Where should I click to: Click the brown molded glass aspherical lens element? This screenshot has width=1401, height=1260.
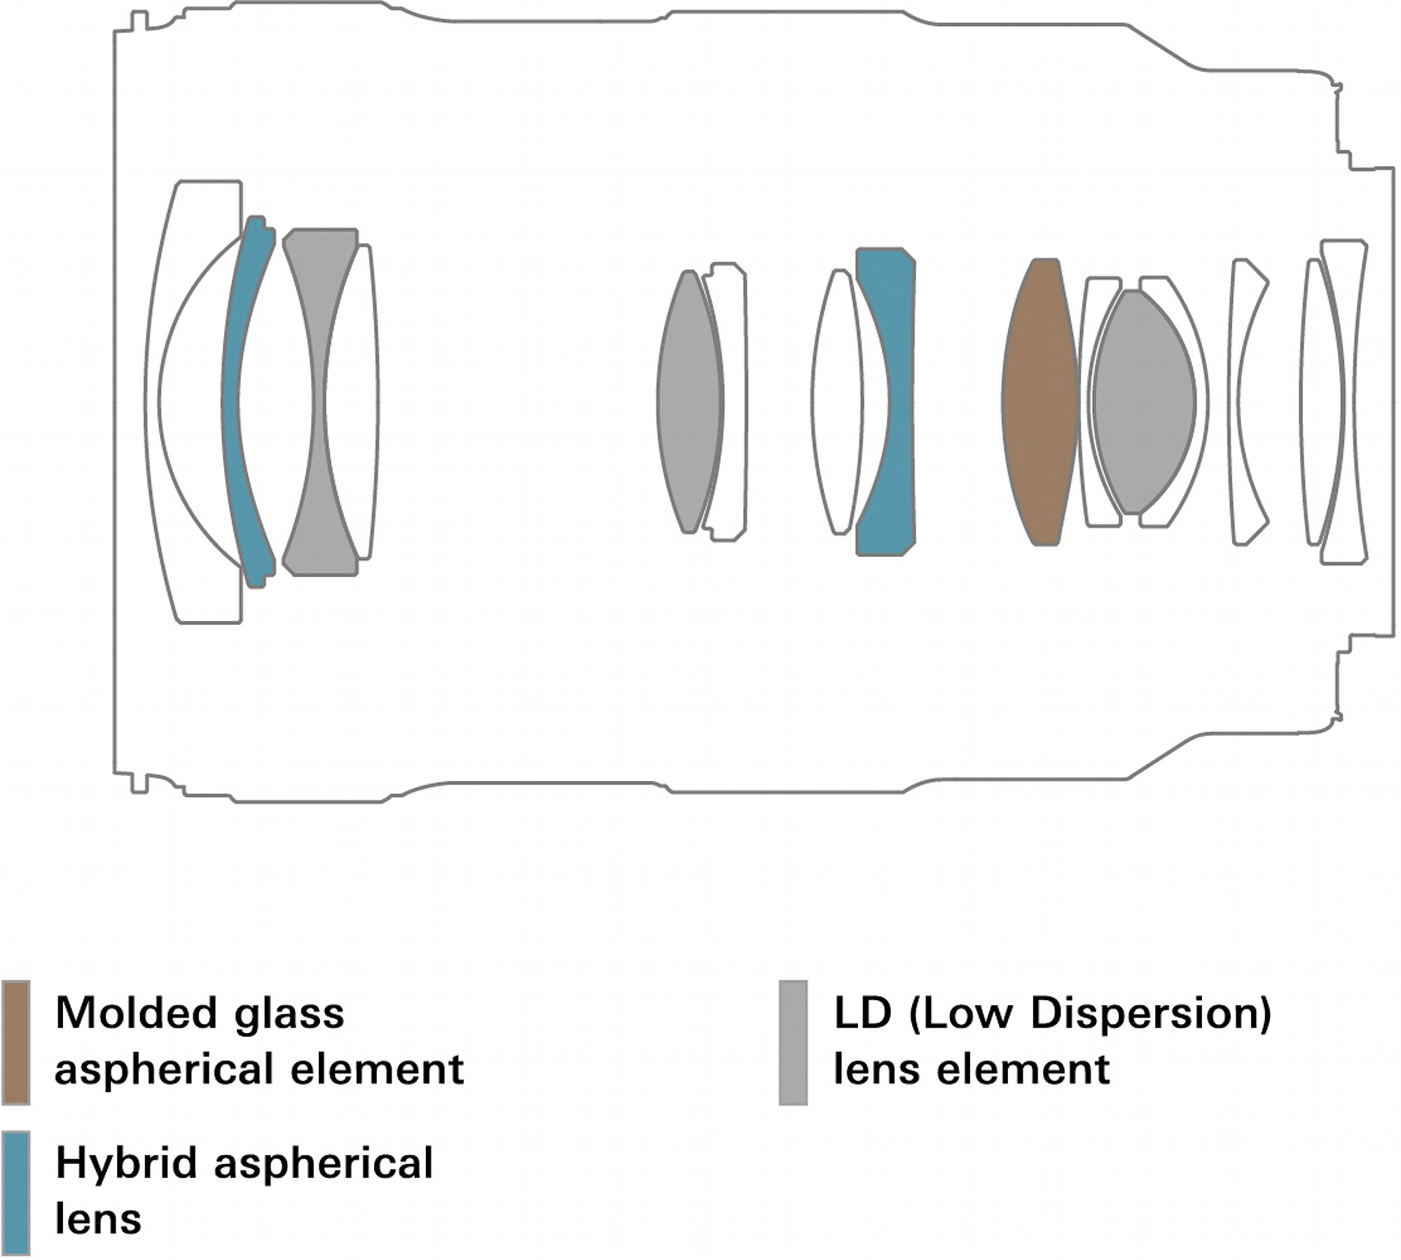[1040, 401]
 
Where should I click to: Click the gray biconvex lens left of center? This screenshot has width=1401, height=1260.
[690, 401]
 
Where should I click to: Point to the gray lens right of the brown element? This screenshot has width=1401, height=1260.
[1143, 401]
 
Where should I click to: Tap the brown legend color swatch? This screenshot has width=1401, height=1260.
[15, 1042]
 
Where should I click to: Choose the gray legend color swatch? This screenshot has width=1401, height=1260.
[793, 1042]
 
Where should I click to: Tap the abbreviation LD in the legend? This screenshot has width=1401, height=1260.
[862, 1013]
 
